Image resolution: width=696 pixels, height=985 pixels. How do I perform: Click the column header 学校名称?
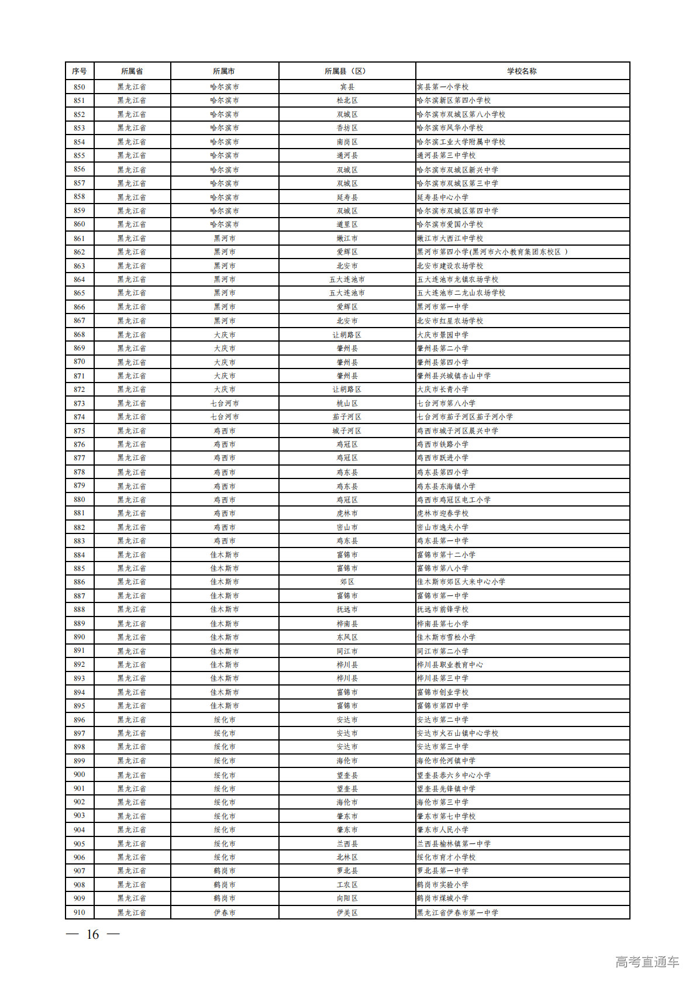522,71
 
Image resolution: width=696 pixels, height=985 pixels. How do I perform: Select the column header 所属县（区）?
347,71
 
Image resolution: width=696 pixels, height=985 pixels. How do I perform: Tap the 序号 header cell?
80,71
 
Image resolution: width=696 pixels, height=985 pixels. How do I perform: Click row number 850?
80,87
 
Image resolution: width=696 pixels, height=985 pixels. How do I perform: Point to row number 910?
80,912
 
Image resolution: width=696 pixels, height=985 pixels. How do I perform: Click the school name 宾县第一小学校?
443,87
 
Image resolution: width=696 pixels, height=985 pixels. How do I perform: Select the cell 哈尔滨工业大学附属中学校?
461,142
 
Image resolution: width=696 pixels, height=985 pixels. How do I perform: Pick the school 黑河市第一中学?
443,306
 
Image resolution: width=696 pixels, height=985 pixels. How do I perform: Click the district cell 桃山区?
347,403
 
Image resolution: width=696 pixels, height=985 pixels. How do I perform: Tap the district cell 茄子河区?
347,416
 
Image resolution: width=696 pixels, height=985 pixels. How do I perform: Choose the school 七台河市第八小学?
446,403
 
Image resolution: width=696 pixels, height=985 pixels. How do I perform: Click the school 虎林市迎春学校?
443,513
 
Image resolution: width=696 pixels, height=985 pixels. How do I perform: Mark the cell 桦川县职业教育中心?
450,664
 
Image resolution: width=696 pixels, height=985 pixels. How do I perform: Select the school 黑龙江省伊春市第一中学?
457,912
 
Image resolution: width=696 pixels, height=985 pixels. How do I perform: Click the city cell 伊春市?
225,912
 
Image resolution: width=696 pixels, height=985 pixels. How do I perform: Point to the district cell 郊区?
347,582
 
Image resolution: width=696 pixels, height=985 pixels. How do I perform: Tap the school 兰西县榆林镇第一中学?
454,843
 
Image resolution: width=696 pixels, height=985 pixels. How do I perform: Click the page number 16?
92,934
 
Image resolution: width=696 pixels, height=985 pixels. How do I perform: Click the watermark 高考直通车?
647,962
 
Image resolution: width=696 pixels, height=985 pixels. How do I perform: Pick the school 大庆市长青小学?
443,389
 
